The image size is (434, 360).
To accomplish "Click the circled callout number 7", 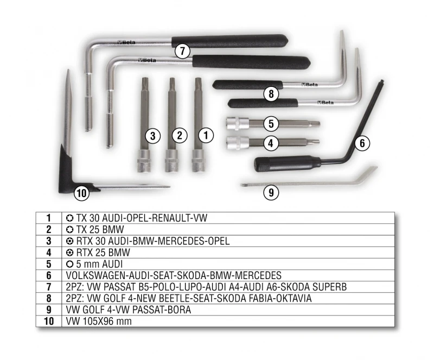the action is tap(182, 51).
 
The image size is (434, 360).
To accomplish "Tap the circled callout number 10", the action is tap(82, 193).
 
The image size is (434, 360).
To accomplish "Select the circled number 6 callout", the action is tap(362, 143).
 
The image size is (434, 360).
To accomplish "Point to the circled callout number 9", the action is tap(271, 192).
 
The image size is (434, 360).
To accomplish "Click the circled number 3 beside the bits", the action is tap(152, 136).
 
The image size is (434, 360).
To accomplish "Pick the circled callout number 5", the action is tap(271, 123).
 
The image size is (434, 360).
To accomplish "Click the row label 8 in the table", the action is tap(49, 298).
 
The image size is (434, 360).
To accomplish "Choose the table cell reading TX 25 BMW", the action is tap(94, 230).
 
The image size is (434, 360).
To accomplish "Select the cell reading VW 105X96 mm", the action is tap(99, 321).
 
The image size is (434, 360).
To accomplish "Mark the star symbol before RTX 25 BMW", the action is tap(70, 252).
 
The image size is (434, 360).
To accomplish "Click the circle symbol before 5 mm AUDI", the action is tap(70, 264).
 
